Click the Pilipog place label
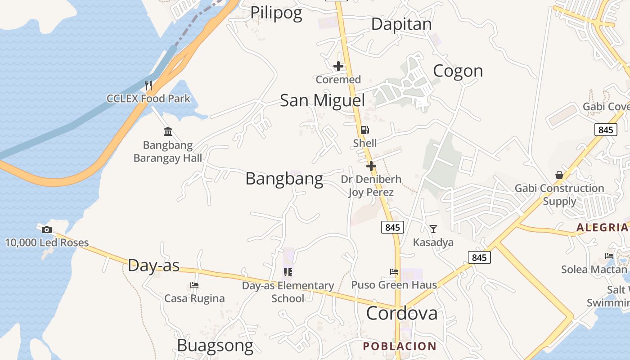(276, 13)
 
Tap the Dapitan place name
(401, 24)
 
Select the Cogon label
(458, 71)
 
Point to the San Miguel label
(322, 100)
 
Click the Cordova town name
(401, 313)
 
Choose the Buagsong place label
(215, 346)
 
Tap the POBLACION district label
(400, 346)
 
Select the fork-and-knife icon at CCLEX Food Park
(148, 85)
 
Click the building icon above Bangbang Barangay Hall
(168, 131)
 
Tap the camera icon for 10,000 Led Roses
(46, 230)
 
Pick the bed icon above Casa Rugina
(194, 285)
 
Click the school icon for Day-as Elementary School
(288, 272)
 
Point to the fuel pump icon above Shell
(364, 130)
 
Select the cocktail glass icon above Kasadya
(433, 229)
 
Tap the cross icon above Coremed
(338, 67)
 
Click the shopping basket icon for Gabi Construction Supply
(559, 175)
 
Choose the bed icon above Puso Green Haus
(394, 272)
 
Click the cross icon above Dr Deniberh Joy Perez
(371, 166)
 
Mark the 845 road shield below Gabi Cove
(606, 130)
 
